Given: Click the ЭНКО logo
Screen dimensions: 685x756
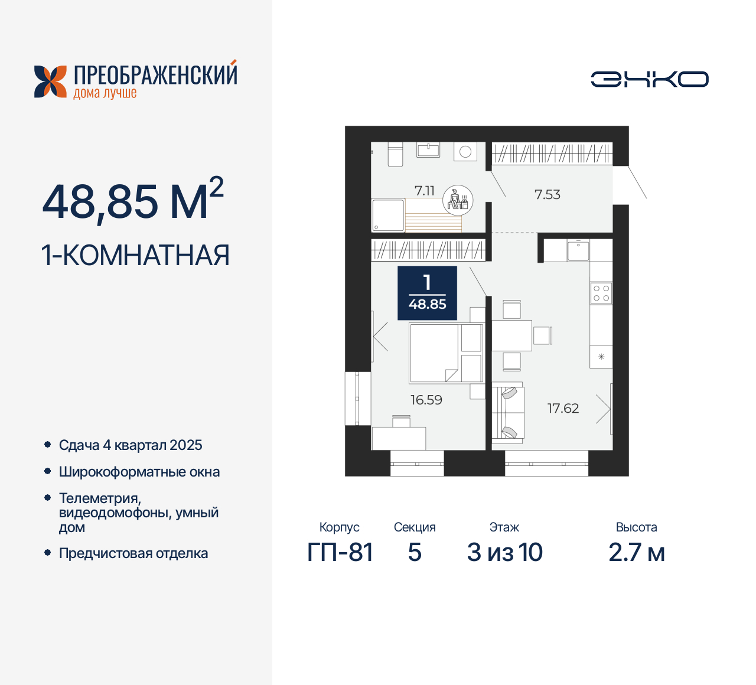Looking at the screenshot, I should tap(650, 79).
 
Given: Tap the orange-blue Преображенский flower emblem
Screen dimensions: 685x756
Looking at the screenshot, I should tap(50, 81).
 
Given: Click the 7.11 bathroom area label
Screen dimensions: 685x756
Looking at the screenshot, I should tap(424, 191).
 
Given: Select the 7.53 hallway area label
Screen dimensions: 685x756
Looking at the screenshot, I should tap(547, 194).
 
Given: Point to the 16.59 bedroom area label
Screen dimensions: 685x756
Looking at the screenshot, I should tap(426, 400).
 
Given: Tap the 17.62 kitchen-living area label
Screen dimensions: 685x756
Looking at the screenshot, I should tap(563, 408).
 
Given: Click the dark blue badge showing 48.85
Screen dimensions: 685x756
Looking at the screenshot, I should tap(427, 293).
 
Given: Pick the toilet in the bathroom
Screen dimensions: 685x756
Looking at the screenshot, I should tap(395, 155).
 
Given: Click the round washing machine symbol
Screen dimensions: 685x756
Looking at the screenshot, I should tap(465, 152).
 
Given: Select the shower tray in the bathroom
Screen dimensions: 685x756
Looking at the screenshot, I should tap(388, 215).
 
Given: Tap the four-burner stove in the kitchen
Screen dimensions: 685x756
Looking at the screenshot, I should tap(601, 293).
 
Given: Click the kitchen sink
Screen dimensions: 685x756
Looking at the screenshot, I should tap(578, 251).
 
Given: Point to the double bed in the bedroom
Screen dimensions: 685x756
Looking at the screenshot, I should tap(446, 353).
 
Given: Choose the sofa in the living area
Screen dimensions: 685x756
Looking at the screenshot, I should tap(509, 412).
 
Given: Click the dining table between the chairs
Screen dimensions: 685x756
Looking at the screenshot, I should tap(511, 335).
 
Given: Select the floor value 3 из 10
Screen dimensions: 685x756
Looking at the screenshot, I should tap(504, 552).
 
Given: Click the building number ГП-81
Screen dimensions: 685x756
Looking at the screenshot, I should tap(340, 552).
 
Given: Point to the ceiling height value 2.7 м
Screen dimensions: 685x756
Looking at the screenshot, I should tap(636, 552).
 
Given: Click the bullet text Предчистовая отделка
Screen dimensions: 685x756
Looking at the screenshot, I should tap(133, 553).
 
